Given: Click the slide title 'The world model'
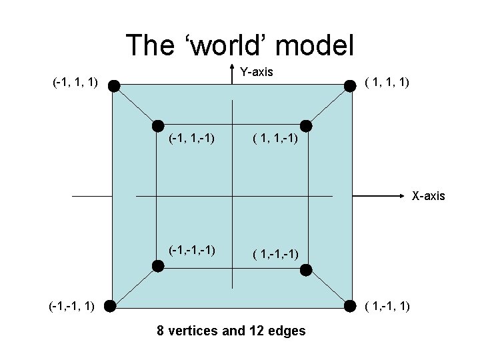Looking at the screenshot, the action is tap(239, 45).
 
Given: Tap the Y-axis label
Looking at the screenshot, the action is tap(257, 71).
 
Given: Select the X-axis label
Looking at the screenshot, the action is tap(429, 196).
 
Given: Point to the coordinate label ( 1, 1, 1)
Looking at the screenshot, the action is tap(387, 83).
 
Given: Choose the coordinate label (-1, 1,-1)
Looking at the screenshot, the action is tap(191, 139).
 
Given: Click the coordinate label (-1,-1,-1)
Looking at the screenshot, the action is tap(191, 250).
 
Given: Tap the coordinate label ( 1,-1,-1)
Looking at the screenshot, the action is tap(275, 253).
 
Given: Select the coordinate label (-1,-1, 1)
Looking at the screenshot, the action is tap(71, 306).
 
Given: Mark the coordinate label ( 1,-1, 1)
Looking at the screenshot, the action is tap(387, 306).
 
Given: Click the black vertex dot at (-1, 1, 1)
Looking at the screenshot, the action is tap(114, 85).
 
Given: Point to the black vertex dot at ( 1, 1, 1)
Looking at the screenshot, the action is tap(349, 85).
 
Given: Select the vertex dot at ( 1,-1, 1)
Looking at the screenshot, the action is tap(349, 306).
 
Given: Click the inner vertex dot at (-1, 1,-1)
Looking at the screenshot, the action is tap(157, 125).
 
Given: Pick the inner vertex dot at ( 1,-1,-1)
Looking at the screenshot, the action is tap(306, 269).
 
